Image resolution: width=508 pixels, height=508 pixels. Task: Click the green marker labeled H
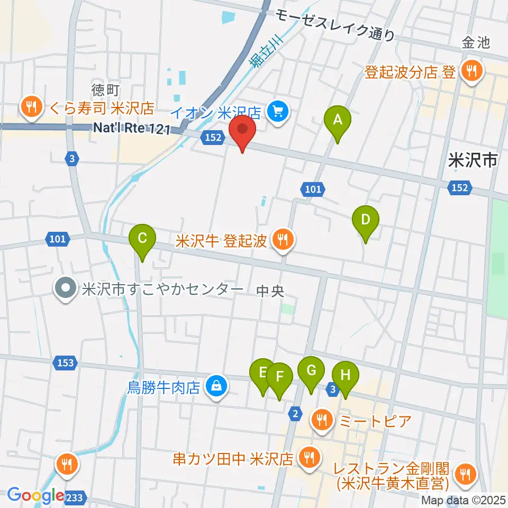tap(345, 377)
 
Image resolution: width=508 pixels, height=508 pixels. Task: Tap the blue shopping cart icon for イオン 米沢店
tap(277, 111)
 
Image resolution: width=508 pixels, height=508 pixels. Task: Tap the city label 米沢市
tap(472, 160)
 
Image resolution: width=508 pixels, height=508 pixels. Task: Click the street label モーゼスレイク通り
tap(335, 25)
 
